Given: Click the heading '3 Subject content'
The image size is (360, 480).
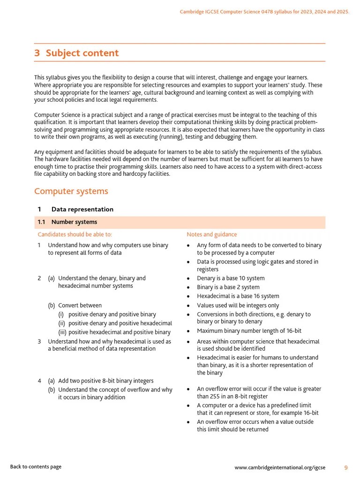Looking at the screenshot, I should (76, 53).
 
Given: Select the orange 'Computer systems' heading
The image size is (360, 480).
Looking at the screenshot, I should (71, 191).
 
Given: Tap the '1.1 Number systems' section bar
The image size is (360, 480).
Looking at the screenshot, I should (180, 222).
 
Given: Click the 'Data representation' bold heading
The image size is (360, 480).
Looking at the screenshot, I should (82, 210).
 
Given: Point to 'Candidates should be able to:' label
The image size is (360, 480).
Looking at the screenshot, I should (75, 234).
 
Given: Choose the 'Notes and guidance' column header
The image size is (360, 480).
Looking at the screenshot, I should (211, 234).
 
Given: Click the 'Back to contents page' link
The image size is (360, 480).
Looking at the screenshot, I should (36, 467).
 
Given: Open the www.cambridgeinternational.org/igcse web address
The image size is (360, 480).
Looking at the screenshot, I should (280, 467).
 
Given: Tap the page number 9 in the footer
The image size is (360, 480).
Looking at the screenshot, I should (346, 467).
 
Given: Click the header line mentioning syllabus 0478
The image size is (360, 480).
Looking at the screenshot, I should (264, 12).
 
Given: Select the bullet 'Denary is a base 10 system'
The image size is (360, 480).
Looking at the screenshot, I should (231, 278).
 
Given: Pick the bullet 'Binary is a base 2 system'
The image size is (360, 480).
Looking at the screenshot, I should (228, 287).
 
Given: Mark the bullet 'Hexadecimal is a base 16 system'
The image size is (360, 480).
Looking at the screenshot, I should (238, 296).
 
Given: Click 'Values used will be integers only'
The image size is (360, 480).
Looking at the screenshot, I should (238, 306).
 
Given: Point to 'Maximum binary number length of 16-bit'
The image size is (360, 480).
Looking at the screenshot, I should (249, 331).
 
